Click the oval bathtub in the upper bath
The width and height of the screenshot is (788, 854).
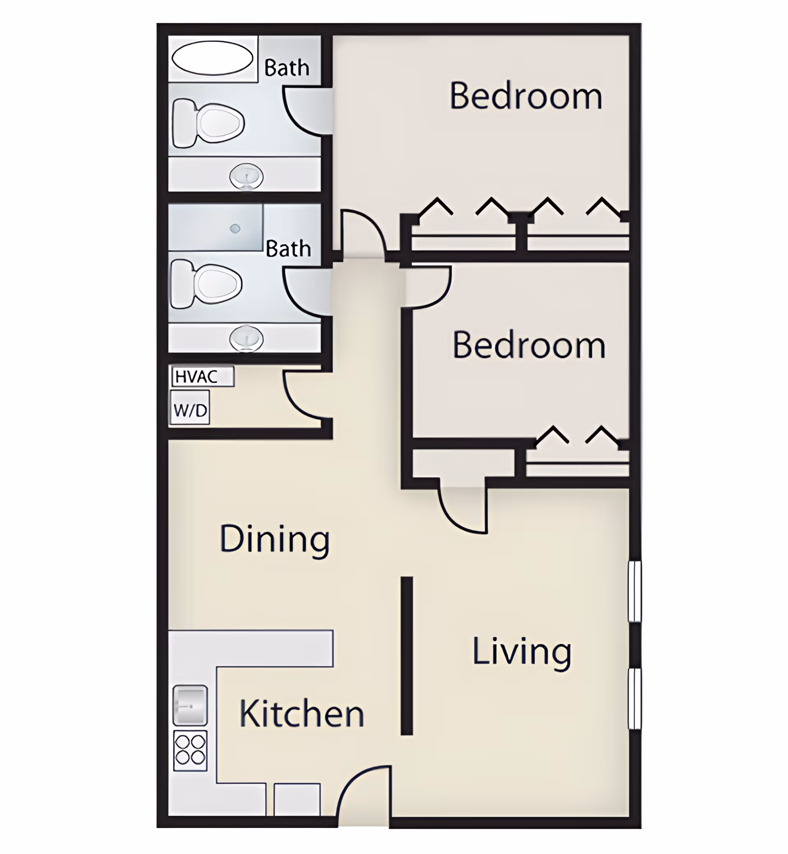[x=212, y=58]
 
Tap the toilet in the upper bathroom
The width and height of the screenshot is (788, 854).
[x=208, y=123]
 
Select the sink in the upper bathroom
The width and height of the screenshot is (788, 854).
[x=247, y=176]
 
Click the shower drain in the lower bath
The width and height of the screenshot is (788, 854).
[x=235, y=229]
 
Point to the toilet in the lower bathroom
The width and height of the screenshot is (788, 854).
[x=206, y=284]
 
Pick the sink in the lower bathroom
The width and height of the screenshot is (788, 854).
[x=247, y=339]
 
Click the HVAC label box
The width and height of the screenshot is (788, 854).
[x=203, y=376]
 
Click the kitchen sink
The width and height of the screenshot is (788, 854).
[x=190, y=705]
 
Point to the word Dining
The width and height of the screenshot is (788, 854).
[x=275, y=540]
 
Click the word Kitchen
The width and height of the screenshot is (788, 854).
[x=302, y=714]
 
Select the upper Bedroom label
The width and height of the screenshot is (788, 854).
[x=526, y=96]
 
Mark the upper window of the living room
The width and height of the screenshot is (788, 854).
[x=635, y=591]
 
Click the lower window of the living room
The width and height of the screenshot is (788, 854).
[x=635, y=699]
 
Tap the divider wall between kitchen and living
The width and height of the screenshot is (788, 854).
[x=407, y=656]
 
